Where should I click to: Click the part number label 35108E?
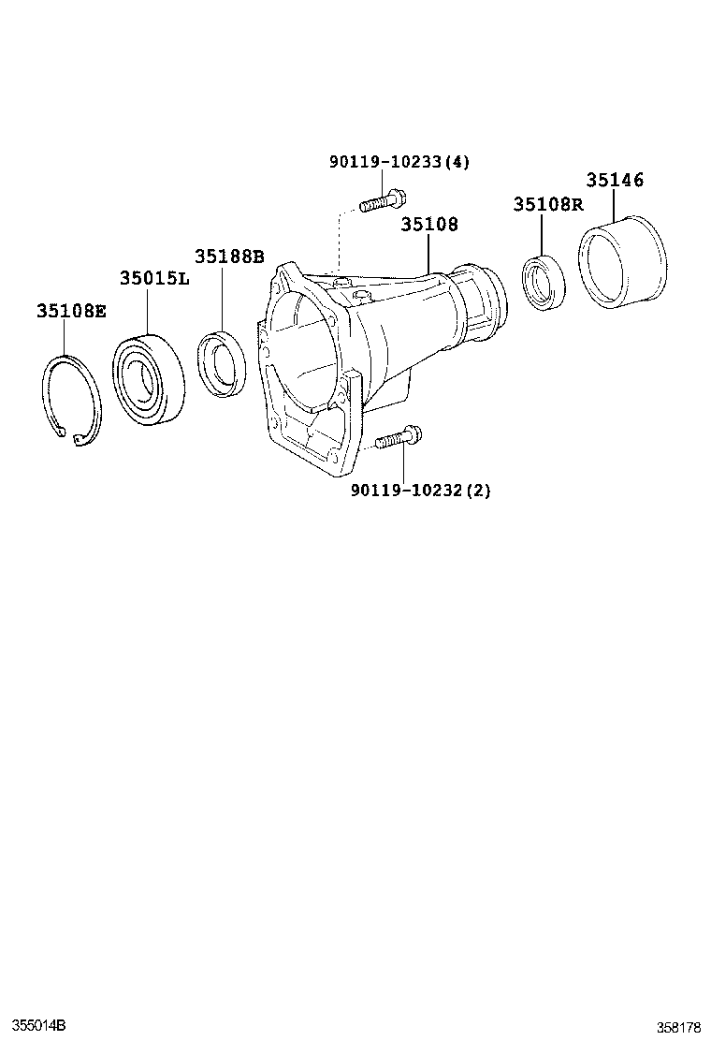point(71,311)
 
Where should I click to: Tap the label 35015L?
point(154,278)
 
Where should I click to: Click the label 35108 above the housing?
point(429,225)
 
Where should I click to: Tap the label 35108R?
point(547,204)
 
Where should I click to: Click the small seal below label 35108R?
point(544,282)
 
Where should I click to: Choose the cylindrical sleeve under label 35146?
point(621,262)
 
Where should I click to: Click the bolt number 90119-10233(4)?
point(399,162)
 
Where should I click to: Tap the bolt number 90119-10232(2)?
point(420,490)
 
